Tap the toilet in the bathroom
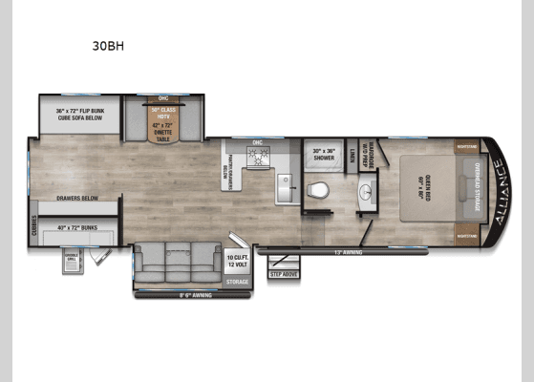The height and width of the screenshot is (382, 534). [x=322, y=188]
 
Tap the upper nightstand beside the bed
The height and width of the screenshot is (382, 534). [x=466, y=147]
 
